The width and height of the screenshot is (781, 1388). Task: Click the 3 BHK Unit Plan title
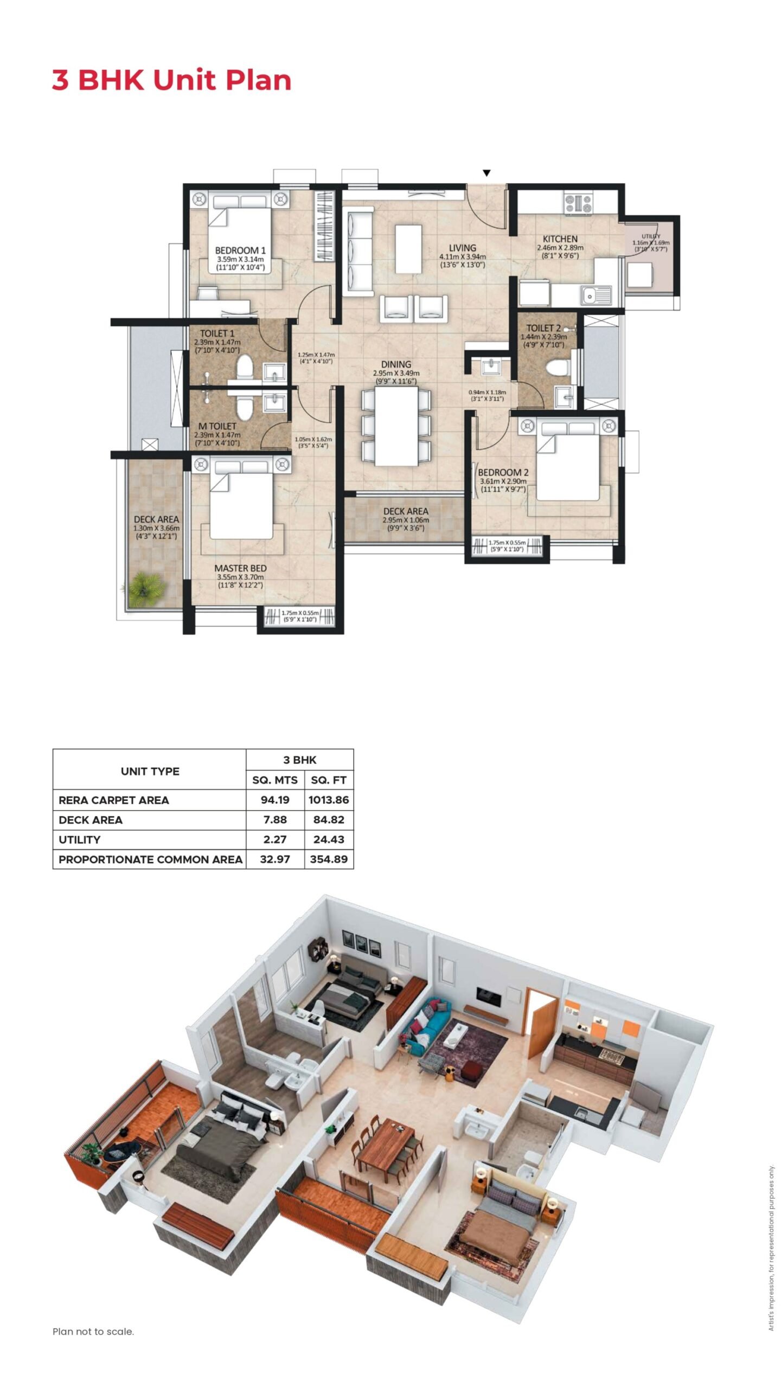[171, 80]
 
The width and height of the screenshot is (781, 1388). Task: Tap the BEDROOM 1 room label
[240, 250]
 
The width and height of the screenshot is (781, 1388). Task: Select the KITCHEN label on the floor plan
[560, 239]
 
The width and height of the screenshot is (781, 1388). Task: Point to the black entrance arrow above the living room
[486, 173]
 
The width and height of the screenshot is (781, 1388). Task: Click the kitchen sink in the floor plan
[596, 295]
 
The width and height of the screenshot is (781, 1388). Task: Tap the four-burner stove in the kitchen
[578, 203]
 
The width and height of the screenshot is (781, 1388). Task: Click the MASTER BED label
[240, 568]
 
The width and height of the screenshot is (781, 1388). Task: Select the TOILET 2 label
[543, 328]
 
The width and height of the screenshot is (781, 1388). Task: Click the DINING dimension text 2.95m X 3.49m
[396, 373]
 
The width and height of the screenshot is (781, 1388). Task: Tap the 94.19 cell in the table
[275, 800]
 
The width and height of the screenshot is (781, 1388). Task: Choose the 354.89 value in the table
[329, 859]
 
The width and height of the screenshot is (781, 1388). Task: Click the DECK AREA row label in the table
[91, 820]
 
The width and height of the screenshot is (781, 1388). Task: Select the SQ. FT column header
[329, 780]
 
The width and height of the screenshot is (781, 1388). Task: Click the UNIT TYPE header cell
[150, 771]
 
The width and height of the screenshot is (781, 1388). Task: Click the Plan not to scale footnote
[93, 1332]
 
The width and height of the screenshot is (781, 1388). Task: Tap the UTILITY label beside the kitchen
[651, 236]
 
